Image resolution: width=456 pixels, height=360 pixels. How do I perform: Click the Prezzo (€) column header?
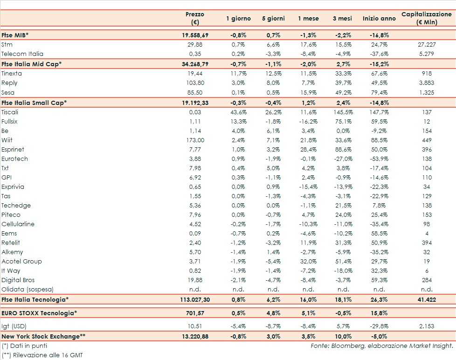[194, 18]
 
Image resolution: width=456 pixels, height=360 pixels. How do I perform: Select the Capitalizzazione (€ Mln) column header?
[426, 18]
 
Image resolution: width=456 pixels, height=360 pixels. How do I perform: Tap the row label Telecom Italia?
[22, 54]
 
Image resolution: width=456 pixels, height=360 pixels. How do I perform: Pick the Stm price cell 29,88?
[194, 45]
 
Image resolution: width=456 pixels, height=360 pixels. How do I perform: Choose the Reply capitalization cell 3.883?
[426, 83]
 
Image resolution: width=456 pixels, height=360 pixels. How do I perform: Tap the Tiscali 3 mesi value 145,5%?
[342, 112]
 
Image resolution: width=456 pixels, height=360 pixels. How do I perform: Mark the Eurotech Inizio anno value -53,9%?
[378, 159]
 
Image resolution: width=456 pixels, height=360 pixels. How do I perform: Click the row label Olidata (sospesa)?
[28, 289]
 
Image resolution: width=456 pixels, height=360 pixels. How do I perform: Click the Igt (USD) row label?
[14, 326]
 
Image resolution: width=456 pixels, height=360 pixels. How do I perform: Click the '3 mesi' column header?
[342, 18]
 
